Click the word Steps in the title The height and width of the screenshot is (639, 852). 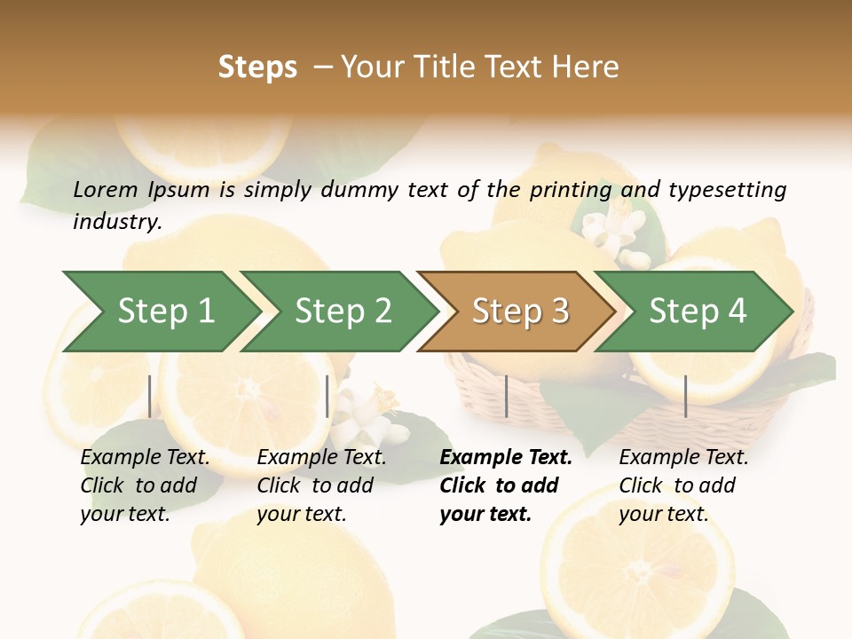[257, 67]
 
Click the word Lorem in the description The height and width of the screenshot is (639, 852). [106, 189]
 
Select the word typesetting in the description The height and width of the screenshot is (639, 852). [727, 189]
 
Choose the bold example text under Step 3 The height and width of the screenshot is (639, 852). [506, 485]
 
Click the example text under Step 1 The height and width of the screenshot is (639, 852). [145, 485]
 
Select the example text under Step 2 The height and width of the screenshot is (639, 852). [321, 485]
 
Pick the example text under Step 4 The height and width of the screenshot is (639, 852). [683, 485]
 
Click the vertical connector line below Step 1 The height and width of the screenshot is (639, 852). [150, 396]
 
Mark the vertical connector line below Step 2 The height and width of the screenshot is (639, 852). [327, 396]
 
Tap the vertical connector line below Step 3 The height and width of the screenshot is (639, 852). [506, 396]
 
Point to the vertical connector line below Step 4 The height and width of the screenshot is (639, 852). [686, 396]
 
